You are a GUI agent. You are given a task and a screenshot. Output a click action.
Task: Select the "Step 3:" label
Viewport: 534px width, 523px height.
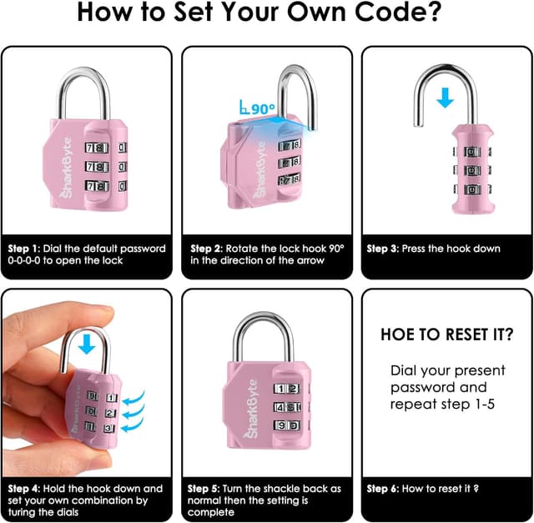[x=388, y=249]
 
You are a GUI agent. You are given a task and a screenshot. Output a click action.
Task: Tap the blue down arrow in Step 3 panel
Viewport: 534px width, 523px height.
[x=446, y=98]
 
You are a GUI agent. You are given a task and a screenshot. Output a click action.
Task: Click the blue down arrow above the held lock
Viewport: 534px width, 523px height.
[x=87, y=344]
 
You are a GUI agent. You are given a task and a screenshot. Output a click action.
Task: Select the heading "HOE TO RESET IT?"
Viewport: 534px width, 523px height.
[x=446, y=334]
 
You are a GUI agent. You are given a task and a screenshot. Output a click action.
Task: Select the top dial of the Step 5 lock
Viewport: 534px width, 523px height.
[x=287, y=389]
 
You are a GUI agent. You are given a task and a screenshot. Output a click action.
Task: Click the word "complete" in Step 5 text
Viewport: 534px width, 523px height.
[x=212, y=512]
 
